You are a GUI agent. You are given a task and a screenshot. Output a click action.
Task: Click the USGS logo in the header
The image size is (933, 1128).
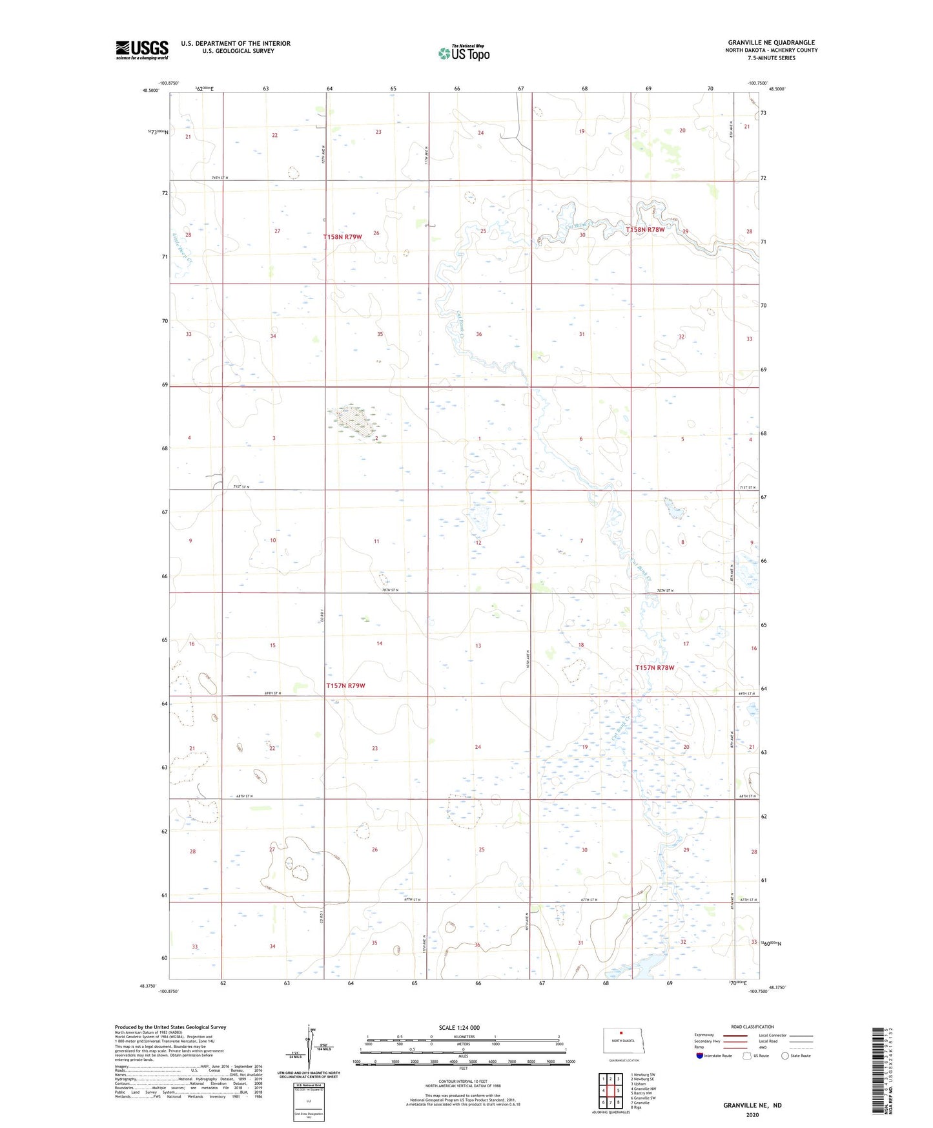[142, 50]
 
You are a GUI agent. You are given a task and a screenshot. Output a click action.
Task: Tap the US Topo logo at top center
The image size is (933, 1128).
[464, 53]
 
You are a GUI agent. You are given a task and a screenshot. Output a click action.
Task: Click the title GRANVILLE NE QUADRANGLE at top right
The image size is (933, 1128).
[771, 43]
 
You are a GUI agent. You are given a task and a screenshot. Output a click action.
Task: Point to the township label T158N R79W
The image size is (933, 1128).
[342, 237]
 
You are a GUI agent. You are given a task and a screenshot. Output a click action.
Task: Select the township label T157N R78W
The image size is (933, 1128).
[654, 668]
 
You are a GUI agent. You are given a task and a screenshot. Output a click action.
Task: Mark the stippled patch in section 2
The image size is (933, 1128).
[354, 421]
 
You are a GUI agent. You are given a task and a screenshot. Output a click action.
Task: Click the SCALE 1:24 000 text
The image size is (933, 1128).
[459, 1028]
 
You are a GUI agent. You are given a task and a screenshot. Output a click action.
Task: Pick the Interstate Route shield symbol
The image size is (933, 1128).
[700, 1056]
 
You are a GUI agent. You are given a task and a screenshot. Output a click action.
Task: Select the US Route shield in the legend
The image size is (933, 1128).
[747, 1056]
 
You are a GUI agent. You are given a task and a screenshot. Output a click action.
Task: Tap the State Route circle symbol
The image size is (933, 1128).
[784, 1056]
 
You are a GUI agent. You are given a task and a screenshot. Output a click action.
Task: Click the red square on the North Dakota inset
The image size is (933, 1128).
[621, 1033]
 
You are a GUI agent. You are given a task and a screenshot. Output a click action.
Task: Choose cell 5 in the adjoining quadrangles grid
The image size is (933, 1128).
[618, 1091]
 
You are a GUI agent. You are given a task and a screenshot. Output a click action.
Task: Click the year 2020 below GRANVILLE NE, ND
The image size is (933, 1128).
[752, 1114]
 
